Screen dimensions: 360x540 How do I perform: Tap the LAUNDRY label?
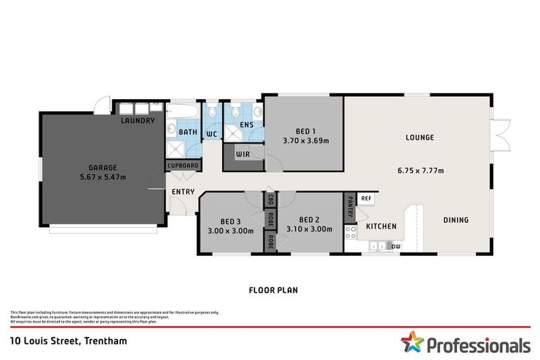137,121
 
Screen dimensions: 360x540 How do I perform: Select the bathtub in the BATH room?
186,111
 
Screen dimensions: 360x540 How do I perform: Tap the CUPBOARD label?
182,166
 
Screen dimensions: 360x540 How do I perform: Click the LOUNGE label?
420,138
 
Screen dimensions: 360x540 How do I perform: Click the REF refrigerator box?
366,199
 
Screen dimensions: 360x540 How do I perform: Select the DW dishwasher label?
396,246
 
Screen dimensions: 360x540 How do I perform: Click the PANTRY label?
349,207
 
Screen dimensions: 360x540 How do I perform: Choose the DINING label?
456,220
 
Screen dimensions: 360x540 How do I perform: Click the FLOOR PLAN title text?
270,289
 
